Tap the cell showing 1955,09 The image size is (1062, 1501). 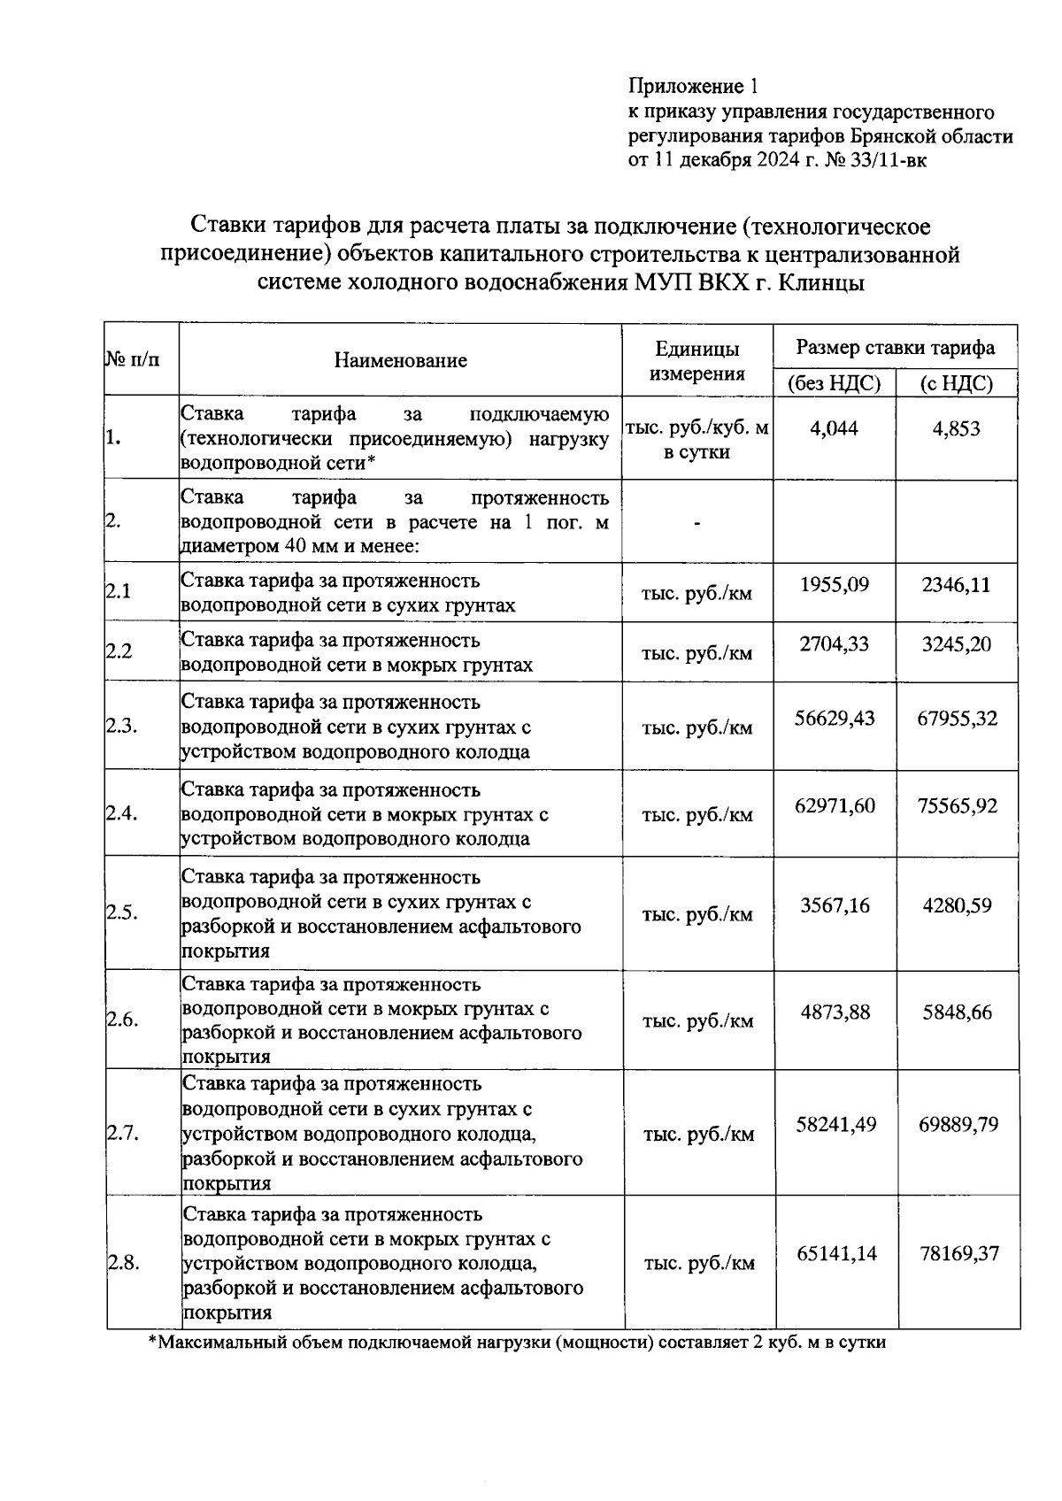tap(834, 585)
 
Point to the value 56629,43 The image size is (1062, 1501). tap(835, 718)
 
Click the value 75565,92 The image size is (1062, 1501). tap(957, 805)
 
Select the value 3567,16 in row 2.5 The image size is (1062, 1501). tap(835, 905)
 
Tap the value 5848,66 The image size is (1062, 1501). tap(957, 1012)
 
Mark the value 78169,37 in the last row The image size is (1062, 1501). tap(958, 1253)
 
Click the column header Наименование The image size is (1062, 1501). tap(400, 360)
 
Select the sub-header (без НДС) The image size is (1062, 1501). tap(834, 383)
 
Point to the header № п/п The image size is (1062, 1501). tap(133, 360)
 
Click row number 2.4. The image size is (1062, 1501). tap(122, 813)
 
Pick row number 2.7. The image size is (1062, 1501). tap(122, 1133)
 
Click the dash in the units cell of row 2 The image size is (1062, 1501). tap(696, 524)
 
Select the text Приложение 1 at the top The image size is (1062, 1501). tap(693, 86)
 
